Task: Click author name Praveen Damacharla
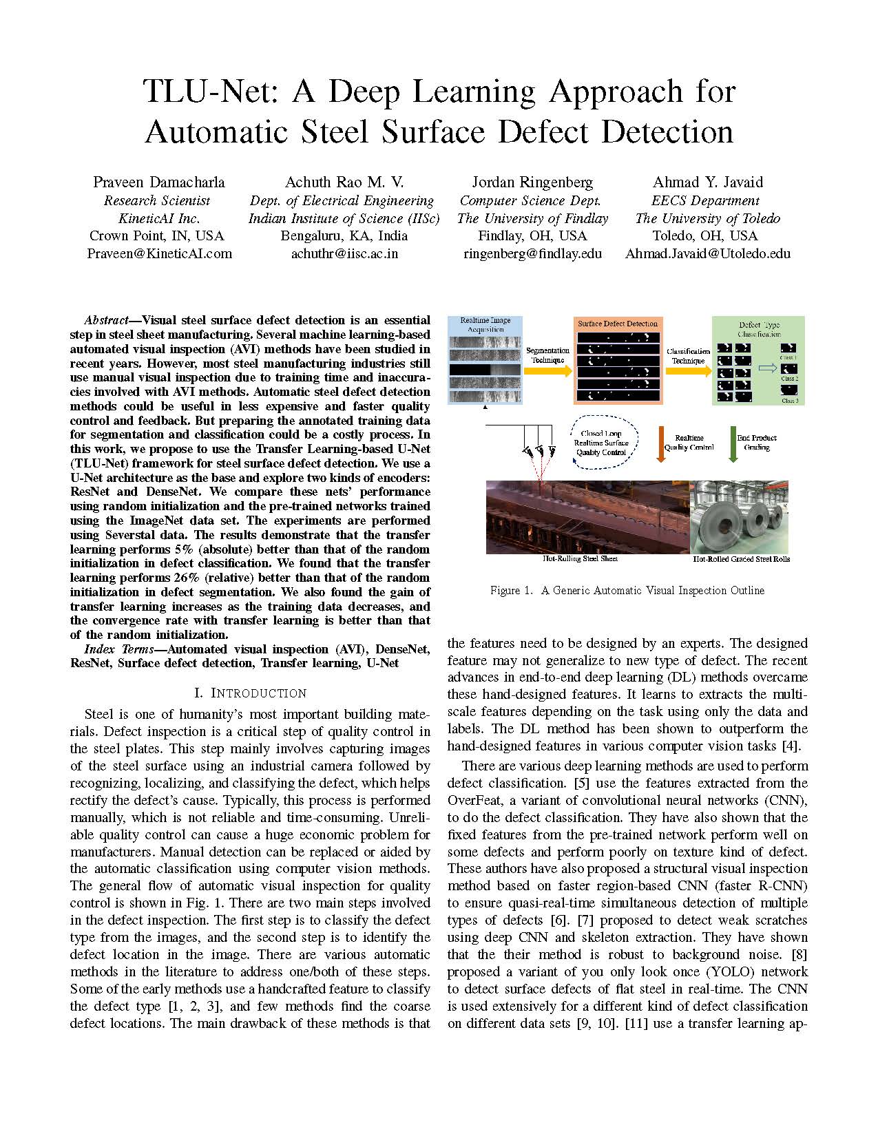[159, 182]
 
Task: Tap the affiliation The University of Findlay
[532, 218]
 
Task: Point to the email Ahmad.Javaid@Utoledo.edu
[707, 253]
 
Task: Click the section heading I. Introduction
[251, 693]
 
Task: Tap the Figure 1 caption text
[627, 590]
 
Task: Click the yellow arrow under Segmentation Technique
[547, 370]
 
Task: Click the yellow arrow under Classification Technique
[688, 370]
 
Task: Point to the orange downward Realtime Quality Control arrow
[660, 444]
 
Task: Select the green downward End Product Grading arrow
[733, 444]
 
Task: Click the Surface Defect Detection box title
[618, 324]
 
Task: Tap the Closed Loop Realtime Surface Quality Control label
[601, 444]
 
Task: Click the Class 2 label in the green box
[788, 379]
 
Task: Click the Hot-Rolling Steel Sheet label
[580, 558]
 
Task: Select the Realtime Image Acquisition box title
[485, 324]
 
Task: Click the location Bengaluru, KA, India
[344, 235]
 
